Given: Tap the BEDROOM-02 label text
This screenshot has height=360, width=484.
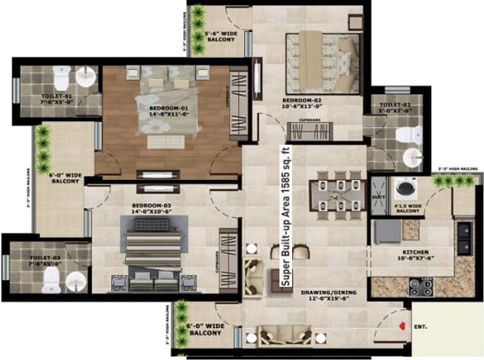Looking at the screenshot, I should pyautogui.click(x=302, y=103).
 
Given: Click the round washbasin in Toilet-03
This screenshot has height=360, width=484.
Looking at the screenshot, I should pyautogui.click(x=75, y=281).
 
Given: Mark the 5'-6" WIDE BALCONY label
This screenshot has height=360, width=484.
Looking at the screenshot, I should pyautogui.click(x=221, y=40).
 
